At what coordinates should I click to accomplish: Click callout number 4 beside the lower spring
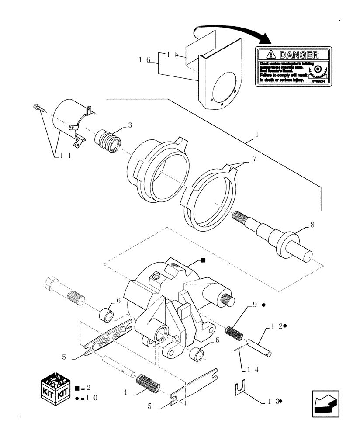(125, 392)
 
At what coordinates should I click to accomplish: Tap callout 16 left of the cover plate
(144, 60)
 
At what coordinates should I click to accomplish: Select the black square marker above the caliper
(203, 260)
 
